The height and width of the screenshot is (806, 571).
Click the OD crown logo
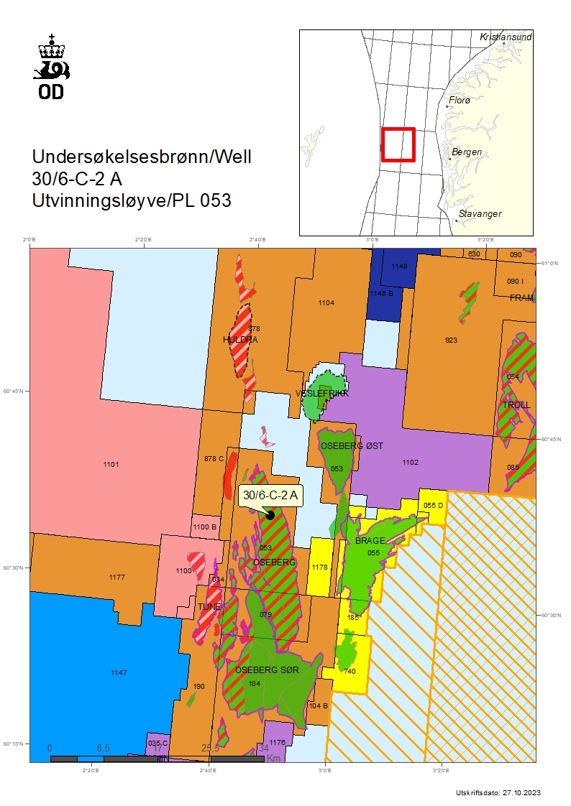coord(52,65)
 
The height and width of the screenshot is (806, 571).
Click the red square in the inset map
coord(398,144)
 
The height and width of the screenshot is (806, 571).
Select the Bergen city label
coord(467,152)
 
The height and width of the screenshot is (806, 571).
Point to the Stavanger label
coord(480,214)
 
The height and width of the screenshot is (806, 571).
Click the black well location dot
coord(270,514)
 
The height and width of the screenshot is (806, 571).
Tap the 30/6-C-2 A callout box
coord(270,495)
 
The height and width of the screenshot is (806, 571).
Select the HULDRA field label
coord(240,339)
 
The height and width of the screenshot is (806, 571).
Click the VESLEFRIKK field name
coord(322,394)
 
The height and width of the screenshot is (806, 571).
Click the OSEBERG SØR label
coord(267,670)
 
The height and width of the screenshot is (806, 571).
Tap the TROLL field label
coord(516,404)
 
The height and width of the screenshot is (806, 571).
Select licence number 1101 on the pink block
coord(111,465)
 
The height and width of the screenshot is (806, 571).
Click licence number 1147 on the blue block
coord(119,672)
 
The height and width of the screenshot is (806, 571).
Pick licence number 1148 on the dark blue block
coord(399,267)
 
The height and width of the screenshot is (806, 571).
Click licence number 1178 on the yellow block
coord(320,567)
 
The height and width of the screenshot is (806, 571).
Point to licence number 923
coord(451,340)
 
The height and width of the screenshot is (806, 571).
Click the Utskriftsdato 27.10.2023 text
coord(498,792)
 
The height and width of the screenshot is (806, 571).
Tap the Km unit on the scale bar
coord(273,758)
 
